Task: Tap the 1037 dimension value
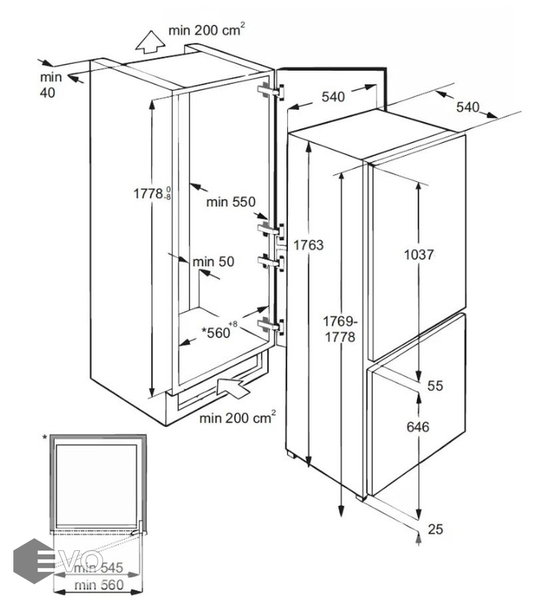420,254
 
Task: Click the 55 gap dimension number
436,385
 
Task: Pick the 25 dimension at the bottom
436,529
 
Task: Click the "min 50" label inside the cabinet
213,262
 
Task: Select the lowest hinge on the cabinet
269,326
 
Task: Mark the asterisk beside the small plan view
45,437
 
